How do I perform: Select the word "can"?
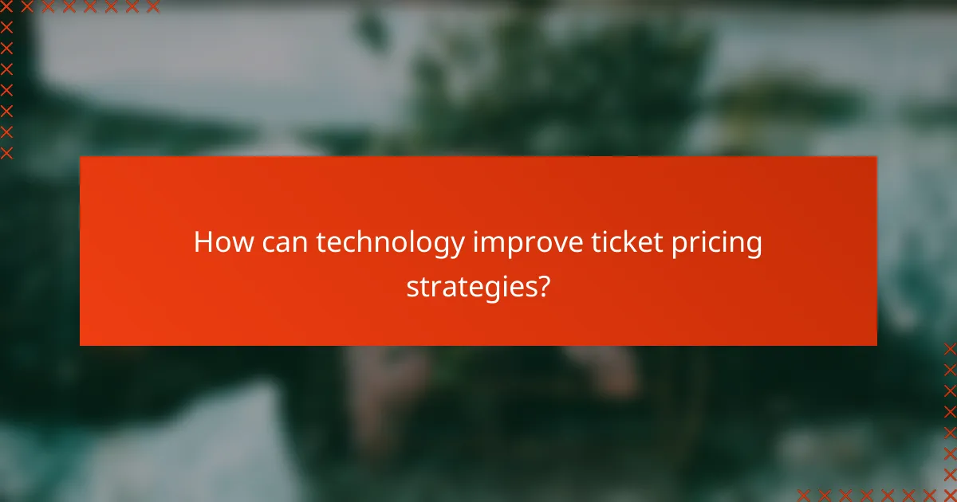click(282, 243)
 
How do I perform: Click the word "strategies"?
click(471, 286)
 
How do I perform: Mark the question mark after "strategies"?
click(544, 285)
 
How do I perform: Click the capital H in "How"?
click(204, 243)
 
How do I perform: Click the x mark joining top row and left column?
click(6, 7)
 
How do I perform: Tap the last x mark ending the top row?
click(152, 7)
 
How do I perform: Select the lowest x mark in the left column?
click(6, 152)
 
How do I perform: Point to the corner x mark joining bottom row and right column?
click(950, 495)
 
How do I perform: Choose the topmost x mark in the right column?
click(950, 348)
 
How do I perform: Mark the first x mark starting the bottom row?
click(803, 495)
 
